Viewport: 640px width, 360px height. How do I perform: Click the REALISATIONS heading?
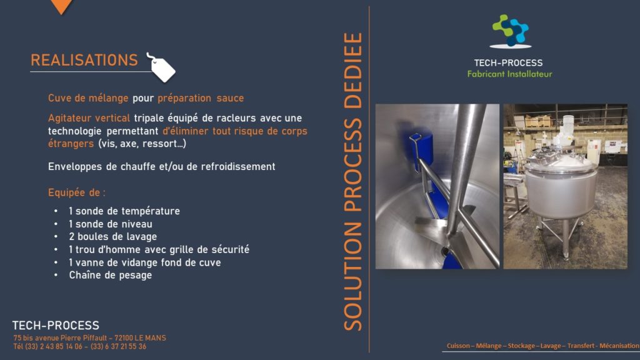[x=84, y=61]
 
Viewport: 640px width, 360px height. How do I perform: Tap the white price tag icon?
[x=162, y=67]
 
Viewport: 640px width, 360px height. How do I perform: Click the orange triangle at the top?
[x=62, y=6]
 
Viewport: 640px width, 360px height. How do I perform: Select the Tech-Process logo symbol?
[x=510, y=31]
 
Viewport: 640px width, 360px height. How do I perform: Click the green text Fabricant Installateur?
[x=509, y=74]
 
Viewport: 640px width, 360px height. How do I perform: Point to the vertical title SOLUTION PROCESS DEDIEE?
[x=353, y=182]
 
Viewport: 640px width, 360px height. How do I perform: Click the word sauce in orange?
[x=230, y=98]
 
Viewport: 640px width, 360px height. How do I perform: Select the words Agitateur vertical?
[x=89, y=118]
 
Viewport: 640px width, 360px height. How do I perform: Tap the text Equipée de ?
[x=77, y=192]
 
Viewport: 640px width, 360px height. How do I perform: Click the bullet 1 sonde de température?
[x=124, y=211]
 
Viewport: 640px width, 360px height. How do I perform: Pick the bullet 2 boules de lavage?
[x=112, y=237]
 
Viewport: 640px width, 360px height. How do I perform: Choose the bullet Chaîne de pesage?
[x=110, y=275]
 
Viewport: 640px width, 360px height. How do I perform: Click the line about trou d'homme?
[x=159, y=249]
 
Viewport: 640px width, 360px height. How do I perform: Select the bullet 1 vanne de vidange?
[x=144, y=262]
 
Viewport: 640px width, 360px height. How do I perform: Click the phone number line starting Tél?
[x=79, y=346]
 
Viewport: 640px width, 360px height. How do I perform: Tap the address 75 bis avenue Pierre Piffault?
[x=89, y=338]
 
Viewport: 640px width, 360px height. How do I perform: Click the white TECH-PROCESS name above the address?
[x=56, y=325]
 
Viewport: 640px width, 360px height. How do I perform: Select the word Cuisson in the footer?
[x=458, y=346]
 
